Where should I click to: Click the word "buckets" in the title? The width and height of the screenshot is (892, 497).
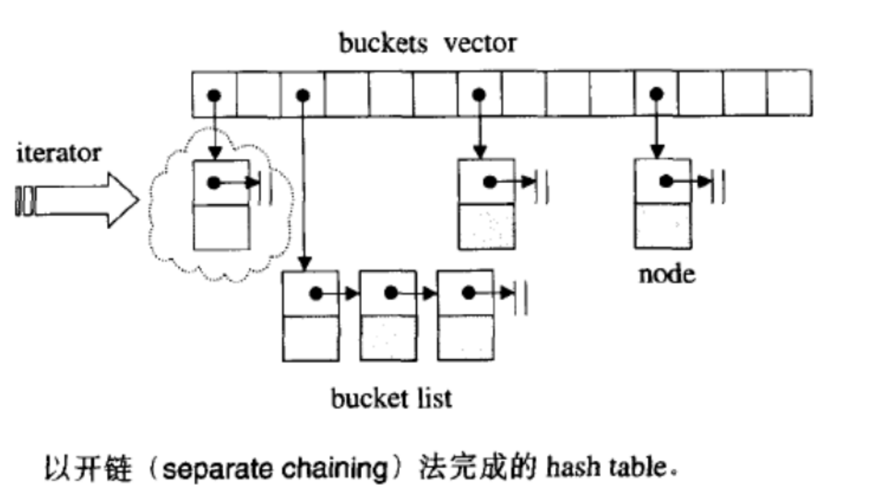(383, 43)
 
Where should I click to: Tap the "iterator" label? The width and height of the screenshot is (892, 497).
(59, 153)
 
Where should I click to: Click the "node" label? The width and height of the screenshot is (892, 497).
(667, 274)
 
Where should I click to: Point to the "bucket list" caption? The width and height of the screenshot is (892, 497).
(391, 398)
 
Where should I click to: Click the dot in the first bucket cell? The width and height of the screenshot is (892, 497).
(214, 95)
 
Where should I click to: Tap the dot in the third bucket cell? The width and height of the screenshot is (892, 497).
(303, 95)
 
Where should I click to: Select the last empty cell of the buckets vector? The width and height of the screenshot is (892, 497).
(789, 93)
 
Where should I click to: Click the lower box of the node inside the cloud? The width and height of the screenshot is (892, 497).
(221, 227)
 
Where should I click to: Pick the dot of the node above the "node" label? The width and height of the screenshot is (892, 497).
(666, 181)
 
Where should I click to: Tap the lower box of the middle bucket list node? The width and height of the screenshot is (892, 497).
(388, 338)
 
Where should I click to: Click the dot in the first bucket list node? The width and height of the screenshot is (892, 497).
(316, 294)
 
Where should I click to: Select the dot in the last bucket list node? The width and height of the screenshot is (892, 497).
(469, 293)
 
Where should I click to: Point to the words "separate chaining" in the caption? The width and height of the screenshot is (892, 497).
(275, 468)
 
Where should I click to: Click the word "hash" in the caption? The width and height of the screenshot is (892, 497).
(571, 466)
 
